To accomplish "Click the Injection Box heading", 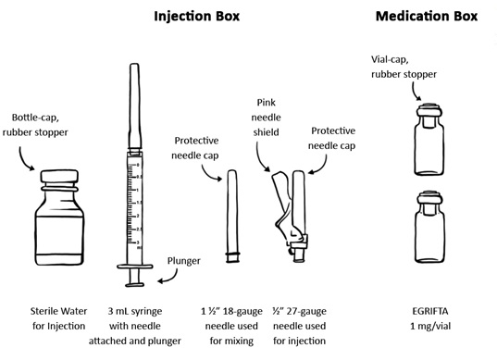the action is [x=196, y=16].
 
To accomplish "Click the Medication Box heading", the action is [x=427, y=16].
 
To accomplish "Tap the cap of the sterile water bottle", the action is [x=59, y=176].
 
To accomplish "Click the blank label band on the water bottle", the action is [x=59, y=235].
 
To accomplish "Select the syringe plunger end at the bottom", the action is [x=135, y=284].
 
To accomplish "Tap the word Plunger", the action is [x=184, y=261].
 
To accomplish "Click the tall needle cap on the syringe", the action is [x=134, y=106].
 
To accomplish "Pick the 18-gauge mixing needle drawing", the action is [x=232, y=217].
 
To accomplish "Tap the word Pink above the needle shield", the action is [x=266, y=103].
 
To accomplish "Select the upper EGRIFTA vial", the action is [x=429, y=140].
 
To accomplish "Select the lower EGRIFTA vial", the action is [x=429, y=228].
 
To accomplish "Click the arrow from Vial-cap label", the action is [x=416, y=92].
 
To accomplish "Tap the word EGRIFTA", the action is [x=430, y=311].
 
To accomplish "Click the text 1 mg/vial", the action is [x=430, y=326].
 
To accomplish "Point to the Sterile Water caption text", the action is [x=58, y=318].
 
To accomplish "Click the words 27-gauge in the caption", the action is [x=306, y=312].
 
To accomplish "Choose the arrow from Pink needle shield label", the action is [x=261, y=158].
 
